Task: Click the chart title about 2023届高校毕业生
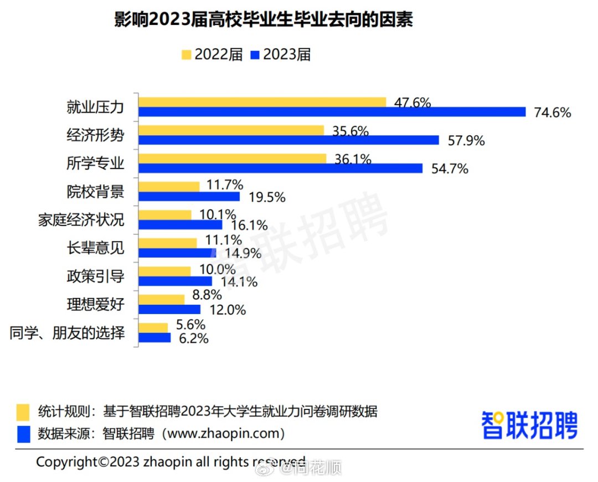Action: [264, 20]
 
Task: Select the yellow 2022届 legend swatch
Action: [186, 55]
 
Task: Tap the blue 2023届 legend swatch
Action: [255, 55]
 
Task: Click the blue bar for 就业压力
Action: [332, 112]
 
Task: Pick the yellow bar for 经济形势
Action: [231, 130]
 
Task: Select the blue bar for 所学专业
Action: [280, 168]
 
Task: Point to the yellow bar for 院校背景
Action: [169, 187]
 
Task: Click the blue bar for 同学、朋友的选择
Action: [154, 337]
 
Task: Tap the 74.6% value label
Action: [552, 112]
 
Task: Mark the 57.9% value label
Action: [466, 141]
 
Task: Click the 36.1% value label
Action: [353, 160]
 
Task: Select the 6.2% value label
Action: [194, 338]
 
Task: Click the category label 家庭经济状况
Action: [81, 220]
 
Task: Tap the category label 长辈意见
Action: [95, 248]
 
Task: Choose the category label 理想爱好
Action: [95, 305]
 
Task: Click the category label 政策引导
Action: [95, 276]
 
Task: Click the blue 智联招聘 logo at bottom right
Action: [529, 425]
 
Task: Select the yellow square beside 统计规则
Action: [23, 412]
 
